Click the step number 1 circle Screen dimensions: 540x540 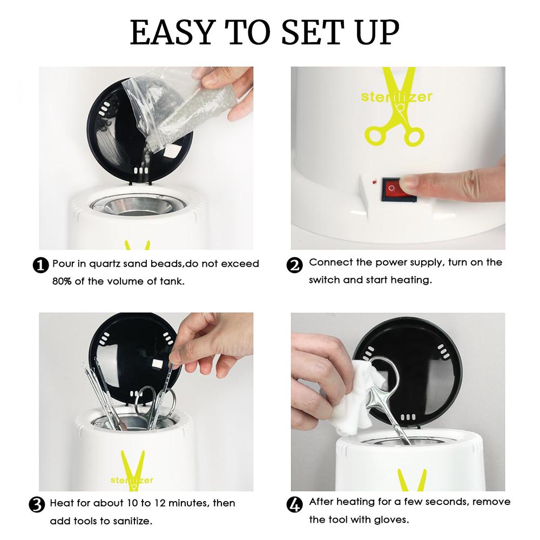[40, 266]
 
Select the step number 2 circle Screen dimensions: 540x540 [294, 266]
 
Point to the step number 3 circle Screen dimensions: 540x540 [37, 505]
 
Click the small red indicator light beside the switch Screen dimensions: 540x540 [374, 180]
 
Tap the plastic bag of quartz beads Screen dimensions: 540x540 [179, 113]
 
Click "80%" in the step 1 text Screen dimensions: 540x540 [62, 281]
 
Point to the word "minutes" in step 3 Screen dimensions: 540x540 [188, 503]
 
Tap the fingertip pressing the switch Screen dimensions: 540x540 [411, 183]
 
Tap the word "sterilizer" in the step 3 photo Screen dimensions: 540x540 [132, 480]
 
